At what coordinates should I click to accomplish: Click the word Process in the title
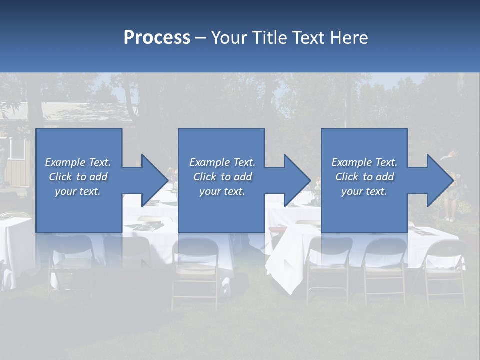(x=157, y=38)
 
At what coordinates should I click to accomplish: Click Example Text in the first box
(x=78, y=162)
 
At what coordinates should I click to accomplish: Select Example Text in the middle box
(x=222, y=162)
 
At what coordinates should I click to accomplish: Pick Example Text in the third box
(x=364, y=162)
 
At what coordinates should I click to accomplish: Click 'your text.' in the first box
(x=78, y=191)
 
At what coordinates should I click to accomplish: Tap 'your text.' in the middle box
(x=222, y=191)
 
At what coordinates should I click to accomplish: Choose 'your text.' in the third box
(x=364, y=191)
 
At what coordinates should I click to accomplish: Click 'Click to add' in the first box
(x=78, y=177)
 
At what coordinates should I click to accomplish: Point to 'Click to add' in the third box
(x=364, y=177)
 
